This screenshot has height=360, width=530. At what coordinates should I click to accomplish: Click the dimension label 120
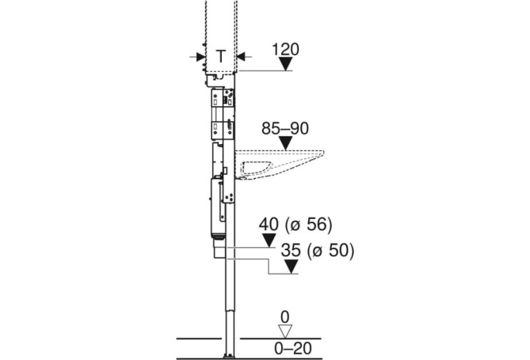pyautogui.click(x=285, y=49)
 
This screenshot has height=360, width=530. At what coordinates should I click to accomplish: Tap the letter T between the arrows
pyautogui.click(x=220, y=56)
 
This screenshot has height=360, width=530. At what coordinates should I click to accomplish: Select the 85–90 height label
pyautogui.click(x=285, y=128)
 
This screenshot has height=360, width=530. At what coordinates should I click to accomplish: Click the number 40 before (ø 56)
pyautogui.click(x=269, y=225)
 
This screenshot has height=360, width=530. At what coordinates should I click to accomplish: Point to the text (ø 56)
pyautogui.click(x=309, y=225)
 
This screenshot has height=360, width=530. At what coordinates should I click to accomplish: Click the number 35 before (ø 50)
pyautogui.click(x=291, y=250)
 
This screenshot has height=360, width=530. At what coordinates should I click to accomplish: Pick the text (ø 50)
pyautogui.click(x=330, y=251)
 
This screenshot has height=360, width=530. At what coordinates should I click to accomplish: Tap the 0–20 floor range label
pyautogui.click(x=292, y=348)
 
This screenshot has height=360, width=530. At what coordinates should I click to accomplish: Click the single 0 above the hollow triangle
pyautogui.click(x=285, y=317)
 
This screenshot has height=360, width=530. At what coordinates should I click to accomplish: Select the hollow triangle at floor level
pyautogui.click(x=285, y=331)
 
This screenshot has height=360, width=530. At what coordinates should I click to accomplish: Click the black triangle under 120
pyautogui.click(x=286, y=63)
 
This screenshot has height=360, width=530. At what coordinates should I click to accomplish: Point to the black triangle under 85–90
pyautogui.click(x=286, y=143)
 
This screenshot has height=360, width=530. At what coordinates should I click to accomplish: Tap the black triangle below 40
pyautogui.click(x=269, y=240)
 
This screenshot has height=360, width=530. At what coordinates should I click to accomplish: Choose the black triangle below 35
pyautogui.click(x=291, y=267)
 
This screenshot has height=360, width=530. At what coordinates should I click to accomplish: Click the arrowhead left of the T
pyautogui.click(x=200, y=57)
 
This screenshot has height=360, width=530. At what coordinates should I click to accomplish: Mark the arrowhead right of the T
pyautogui.click(x=240, y=57)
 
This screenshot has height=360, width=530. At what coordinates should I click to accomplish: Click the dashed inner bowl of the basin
pyautogui.click(x=256, y=168)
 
